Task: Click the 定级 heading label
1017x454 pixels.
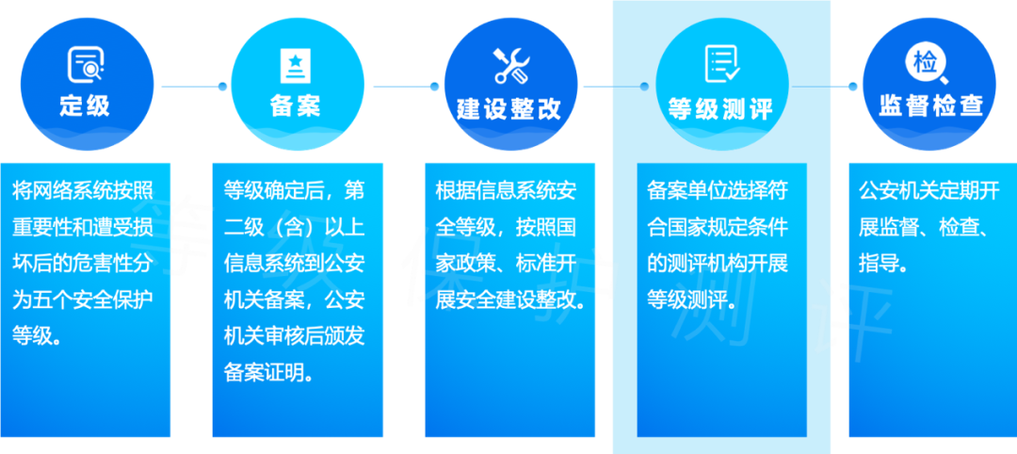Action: coord(86,105)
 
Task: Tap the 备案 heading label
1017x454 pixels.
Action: coord(295,105)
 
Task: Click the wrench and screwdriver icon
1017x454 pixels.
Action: coord(511,66)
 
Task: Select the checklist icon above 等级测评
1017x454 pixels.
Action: coord(722,64)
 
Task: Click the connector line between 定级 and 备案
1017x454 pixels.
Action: coord(192,87)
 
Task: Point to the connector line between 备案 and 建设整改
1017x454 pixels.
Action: coord(403,87)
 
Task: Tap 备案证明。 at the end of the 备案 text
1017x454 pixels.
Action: coord(269,372)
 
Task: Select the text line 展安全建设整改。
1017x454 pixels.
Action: coord(509,300)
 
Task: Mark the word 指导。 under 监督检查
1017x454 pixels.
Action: coord(884,263)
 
